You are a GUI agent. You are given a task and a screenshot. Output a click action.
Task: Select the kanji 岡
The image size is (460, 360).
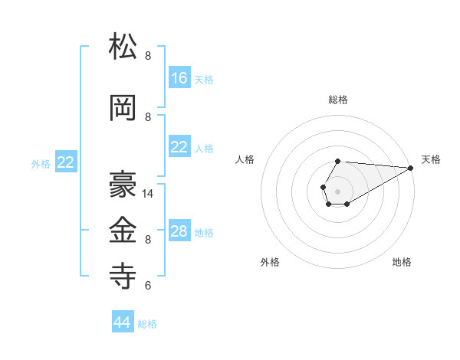click(x=123, y=108)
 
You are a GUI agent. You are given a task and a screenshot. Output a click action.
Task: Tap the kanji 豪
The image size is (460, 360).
click(x=123, y=185)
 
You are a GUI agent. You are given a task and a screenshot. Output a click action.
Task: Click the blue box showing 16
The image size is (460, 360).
click(x=179, y=78)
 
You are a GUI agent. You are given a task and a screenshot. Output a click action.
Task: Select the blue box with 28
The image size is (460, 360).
click(x=179, y=231)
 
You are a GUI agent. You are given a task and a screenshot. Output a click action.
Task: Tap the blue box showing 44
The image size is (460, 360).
click(x=123, y=322)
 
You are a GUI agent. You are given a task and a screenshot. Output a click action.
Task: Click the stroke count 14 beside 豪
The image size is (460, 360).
click(x=149, y=194)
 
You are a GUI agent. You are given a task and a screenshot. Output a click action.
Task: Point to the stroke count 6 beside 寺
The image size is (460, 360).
click(x=148, y=286)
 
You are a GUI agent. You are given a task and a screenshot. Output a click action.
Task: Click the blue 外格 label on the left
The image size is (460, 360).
click(x=41, y=163)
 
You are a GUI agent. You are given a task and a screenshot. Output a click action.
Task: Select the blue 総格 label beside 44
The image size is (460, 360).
click(x=147, y=324)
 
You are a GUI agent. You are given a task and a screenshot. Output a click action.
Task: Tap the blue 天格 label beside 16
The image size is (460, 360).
click(x=204, y=80)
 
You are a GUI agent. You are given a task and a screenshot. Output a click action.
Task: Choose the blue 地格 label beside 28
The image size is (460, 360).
click(x=204, y=233)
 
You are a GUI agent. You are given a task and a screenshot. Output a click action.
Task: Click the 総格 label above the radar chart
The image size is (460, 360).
click(x=338, y=100)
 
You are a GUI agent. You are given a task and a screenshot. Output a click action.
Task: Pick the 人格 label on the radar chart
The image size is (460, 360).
click(x=245, y=159)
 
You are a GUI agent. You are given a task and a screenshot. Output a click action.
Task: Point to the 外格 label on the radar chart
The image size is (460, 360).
click(x=270, y=262)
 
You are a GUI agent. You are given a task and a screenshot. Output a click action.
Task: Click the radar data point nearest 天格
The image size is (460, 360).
click(x=411, y=168)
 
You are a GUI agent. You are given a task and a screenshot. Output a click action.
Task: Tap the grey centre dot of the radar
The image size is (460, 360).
click(x=337, y=190)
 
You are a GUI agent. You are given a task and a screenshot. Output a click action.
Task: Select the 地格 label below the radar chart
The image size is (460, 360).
click(x=402, y=262)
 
